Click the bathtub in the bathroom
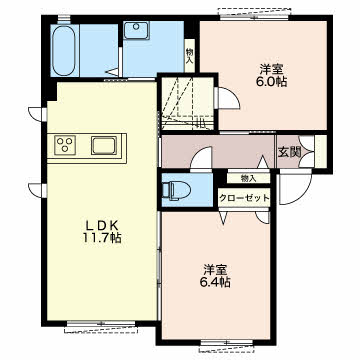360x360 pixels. pyautogui.click(x=64, y=50)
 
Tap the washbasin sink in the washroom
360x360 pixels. pyautogui.click(x=137, y=30)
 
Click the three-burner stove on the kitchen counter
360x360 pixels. pyautogui.click(x=65, y=145)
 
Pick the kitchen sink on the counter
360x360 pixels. pyautogui.click(x=104, y=146)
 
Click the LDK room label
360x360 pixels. pyautogui.click(x=102, y=226)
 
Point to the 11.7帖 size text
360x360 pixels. pyautogui.click(x=102, y=238)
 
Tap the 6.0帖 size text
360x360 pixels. pyautogui.click(x=271, y=81)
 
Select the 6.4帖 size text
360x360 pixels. pyautogui.click(x=215, y=282)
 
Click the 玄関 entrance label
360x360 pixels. pyautogui.click(x=290, y=152)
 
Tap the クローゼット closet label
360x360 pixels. pyautogui.click(x=244, y=198)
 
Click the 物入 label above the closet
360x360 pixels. pyautogui.click(x=248, y=178)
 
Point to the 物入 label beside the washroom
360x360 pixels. pyautogui.click(x=190, y=56)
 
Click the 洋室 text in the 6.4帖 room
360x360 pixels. pyautogui.click(x=215, y=270)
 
